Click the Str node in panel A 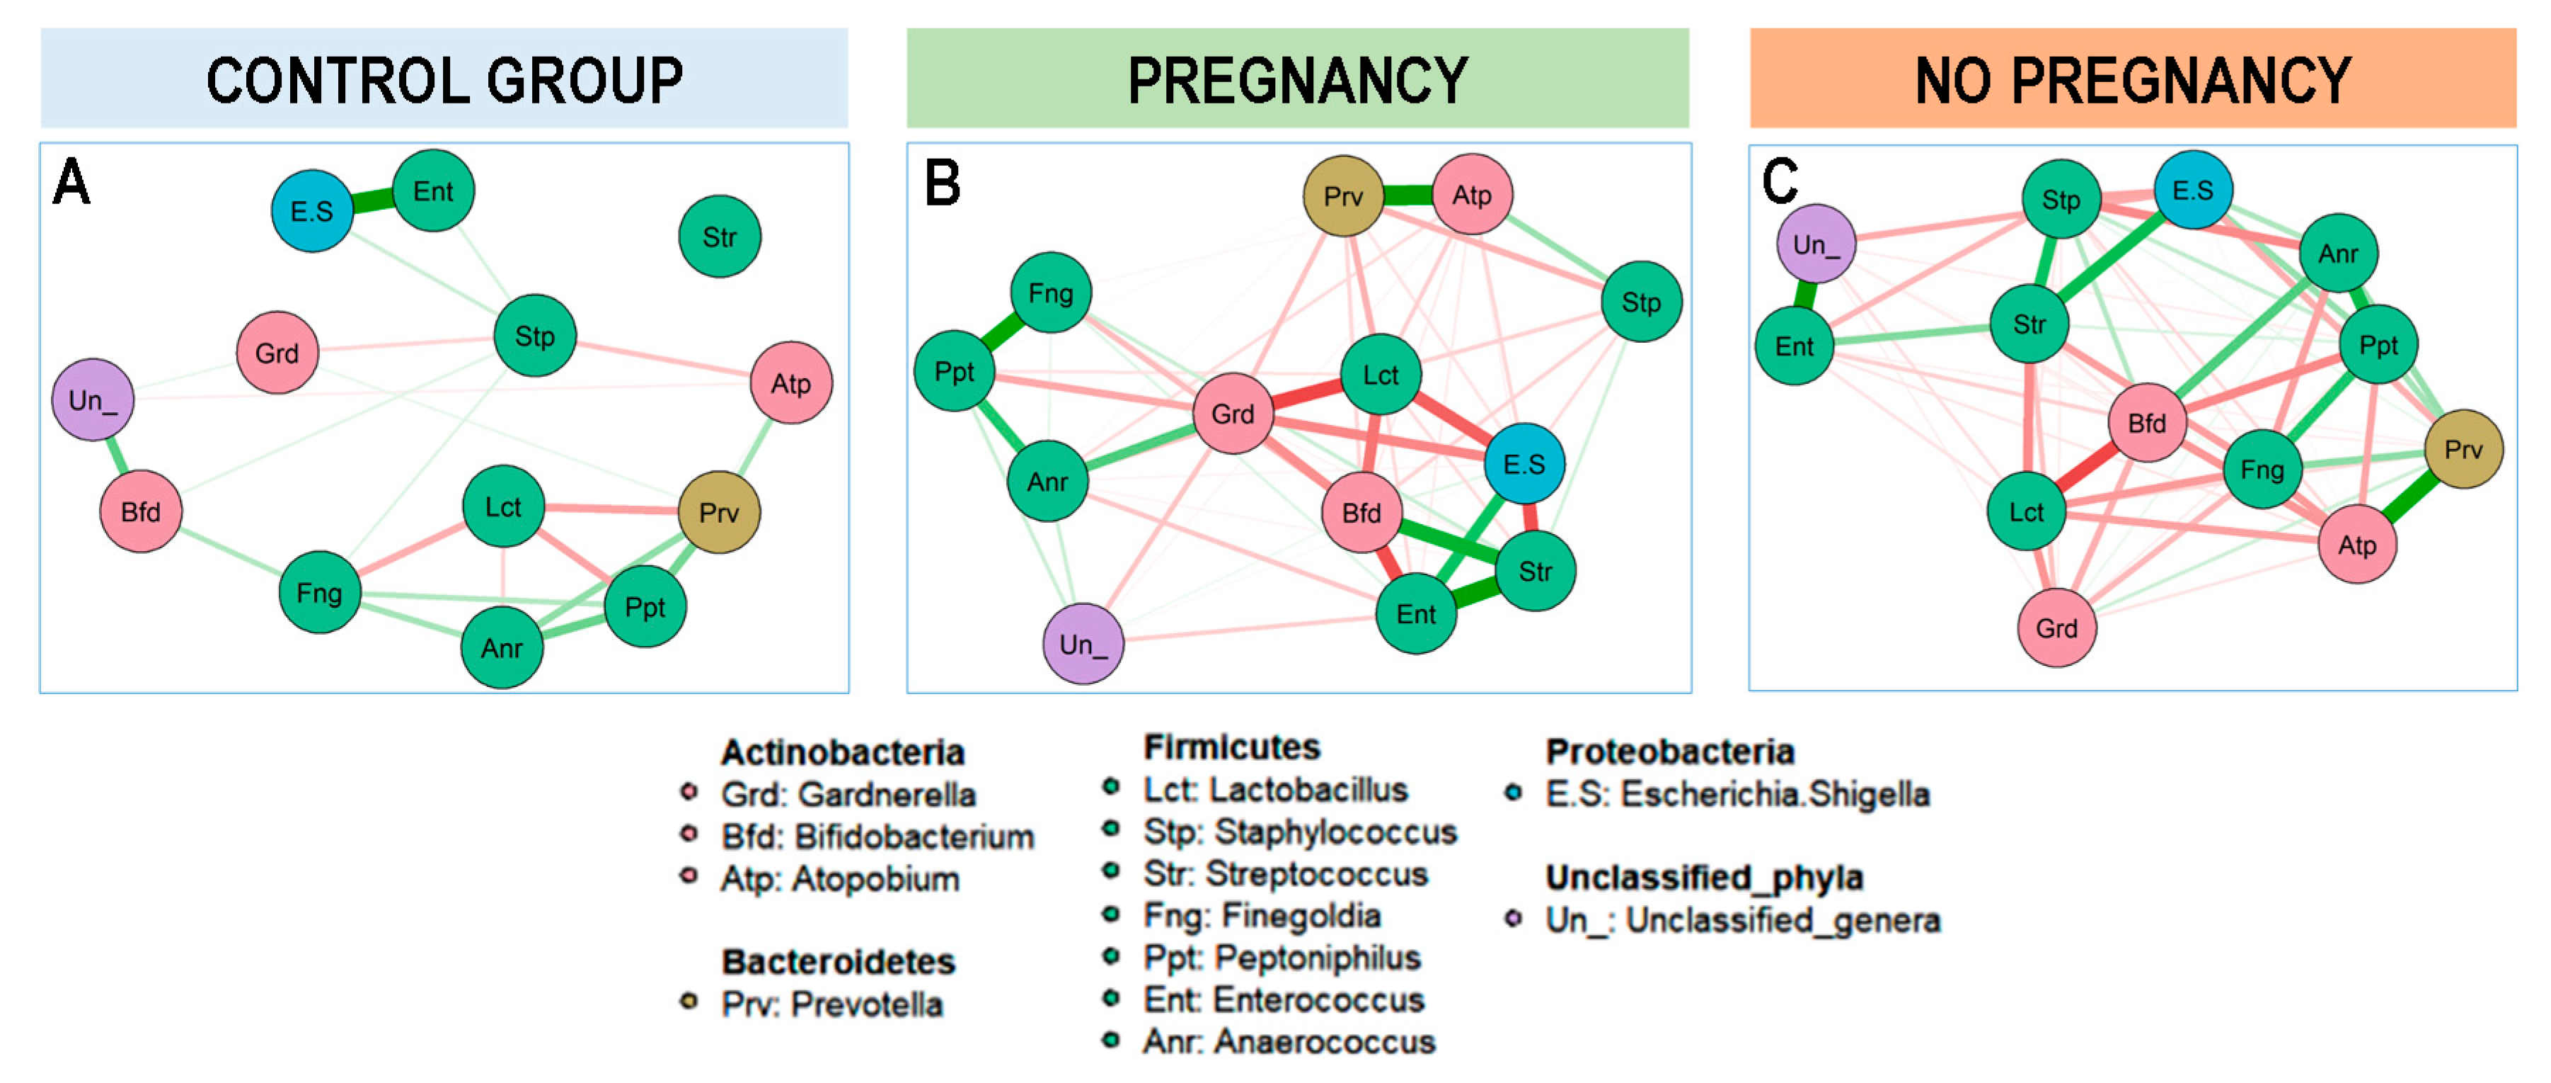(x=719, y=237)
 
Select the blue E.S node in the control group (x=312, y=211)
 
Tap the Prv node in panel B (x=1343, y=196)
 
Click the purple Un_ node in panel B (x=1083, y=644)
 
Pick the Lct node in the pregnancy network (x=1381, y=375)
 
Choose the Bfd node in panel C (x=2146, y=423)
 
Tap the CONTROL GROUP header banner (x=444, y=79)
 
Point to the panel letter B (x=942, y=184)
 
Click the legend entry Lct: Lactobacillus (x=1274, y=790)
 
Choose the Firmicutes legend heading (x=1231, y=746)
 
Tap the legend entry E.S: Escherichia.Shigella (x=1736, y=794)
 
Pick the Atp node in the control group (x=790, y=383)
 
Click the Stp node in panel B (x=1640, y=302)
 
